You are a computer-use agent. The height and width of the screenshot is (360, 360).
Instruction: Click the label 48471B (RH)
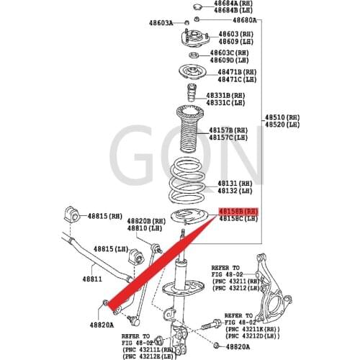coord(238,72)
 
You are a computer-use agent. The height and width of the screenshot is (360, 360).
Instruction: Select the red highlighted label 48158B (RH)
coord(237,210)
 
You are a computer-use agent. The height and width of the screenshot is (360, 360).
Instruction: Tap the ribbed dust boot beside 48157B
coord(190,130)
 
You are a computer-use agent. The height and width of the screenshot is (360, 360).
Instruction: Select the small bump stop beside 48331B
coord(191,96)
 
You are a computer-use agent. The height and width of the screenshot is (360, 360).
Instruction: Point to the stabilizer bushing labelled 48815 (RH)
coord(73,214)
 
